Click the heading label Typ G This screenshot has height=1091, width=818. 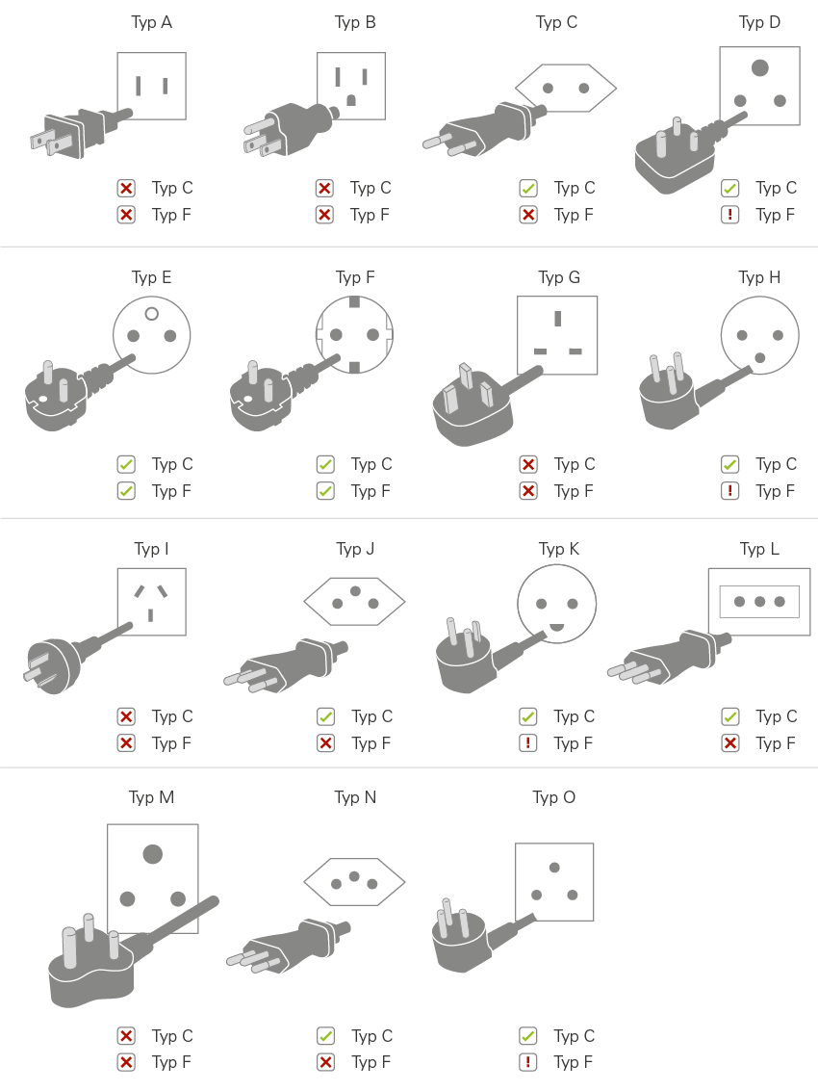tap(558, 277)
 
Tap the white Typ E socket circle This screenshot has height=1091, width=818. tap(152, 334)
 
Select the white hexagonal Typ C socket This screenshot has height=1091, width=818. tap(565, 89)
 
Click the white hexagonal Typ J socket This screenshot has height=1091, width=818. tap(354, 605)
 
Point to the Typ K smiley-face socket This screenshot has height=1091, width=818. tap(556, 605)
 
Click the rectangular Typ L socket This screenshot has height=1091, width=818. tap(759, 602)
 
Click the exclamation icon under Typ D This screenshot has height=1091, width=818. tap(730, 215)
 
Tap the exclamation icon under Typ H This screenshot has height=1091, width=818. tap(730, 491)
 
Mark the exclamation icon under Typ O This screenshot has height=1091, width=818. tap(528, 1062)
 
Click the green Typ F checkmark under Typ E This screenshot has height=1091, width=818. tap(126, 491)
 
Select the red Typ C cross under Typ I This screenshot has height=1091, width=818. tap(126, 716)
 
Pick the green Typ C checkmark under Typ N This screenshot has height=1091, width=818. tap(326, 1036)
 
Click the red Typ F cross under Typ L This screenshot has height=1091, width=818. tap(730, 743)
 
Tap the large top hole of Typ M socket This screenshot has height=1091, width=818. tap(152, 853)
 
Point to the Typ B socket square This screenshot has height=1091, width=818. tap(351, 86)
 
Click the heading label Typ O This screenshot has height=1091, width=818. tap(554, 797)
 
